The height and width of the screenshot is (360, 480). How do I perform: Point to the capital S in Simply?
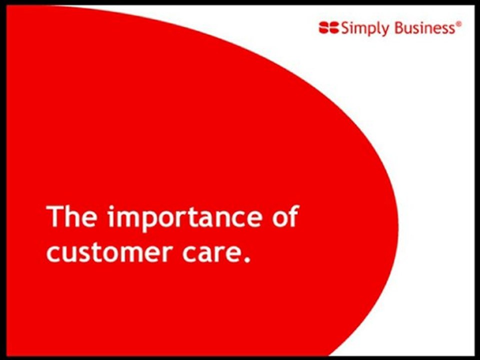(x=345, y=28)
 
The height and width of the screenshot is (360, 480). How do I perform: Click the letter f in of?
(x=293, y=216)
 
